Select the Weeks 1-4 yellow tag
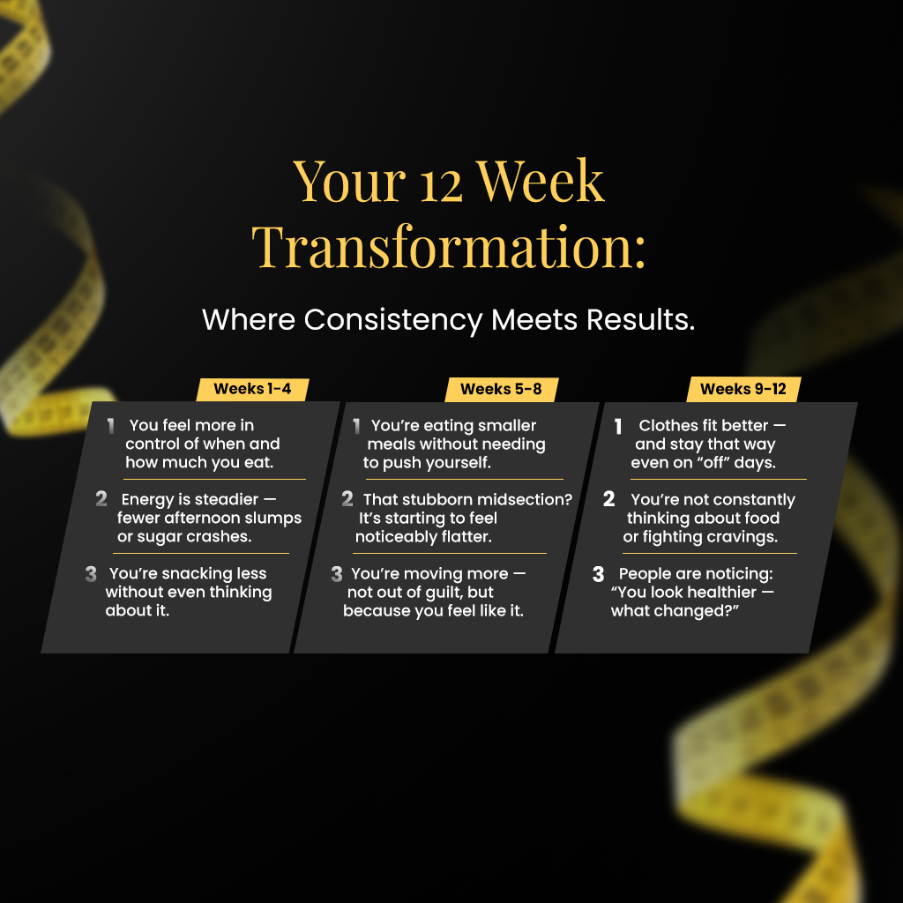[253, 389]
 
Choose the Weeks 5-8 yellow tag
[502, 390]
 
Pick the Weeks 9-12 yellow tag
[743, 389]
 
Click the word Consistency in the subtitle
[393, 320]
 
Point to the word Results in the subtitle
[640, 319]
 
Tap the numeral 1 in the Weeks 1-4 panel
[110, 426]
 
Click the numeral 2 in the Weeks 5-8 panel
[347, 499]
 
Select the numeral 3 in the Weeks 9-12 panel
[599, 573]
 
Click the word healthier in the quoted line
[720, 592]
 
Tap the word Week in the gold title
[541, 182]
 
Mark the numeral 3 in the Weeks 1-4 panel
[91, 573]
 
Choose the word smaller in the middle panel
[507, 426]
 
